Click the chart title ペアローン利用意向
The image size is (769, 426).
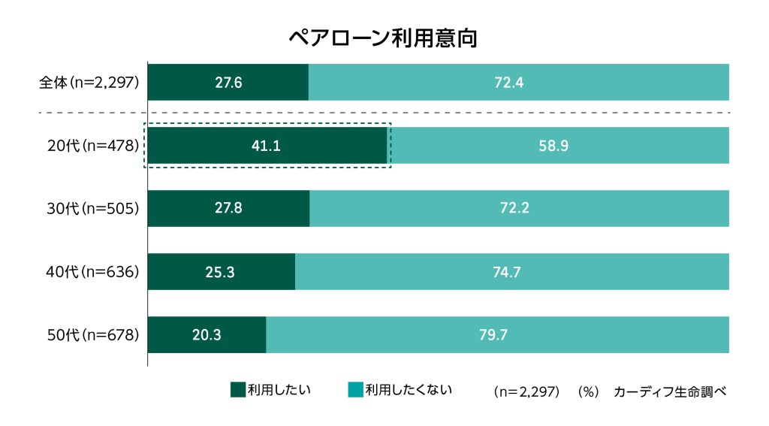[x=383, y=38]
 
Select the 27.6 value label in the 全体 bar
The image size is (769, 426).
[x=228, y=83]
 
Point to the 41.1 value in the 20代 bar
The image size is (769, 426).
[x=266, y=146]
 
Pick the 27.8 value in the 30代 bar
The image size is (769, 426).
[x=228, y=208]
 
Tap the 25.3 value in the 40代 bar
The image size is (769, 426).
[x=220, y=271]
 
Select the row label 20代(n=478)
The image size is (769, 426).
[x=94, y=146]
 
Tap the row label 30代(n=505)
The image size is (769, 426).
[x=94, y=208]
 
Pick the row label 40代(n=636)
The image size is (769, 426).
[x=94, y=271]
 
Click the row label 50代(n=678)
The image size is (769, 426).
[x=94, y=334]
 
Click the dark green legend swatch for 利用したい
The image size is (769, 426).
[x=237, y=389]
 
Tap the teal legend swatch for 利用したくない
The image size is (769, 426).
[x=355, y=389]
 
